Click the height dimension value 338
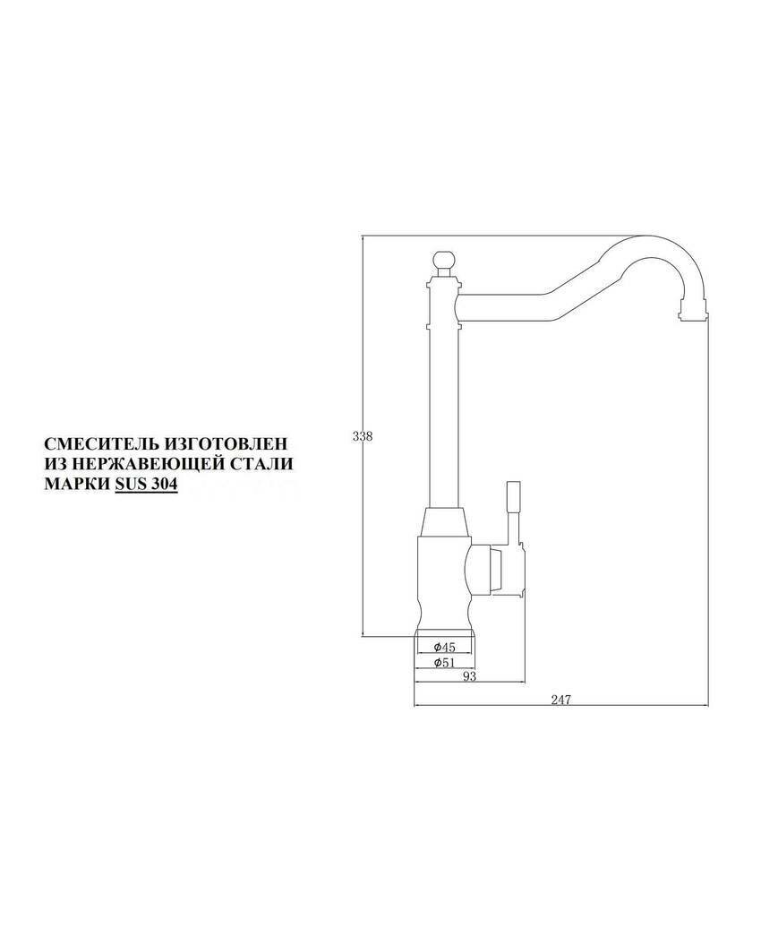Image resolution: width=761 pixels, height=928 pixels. (362, 436)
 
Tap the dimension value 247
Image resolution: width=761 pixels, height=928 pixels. (560, 699)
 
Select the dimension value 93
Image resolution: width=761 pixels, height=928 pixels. (469, 676)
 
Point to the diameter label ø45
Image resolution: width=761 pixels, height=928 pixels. (444, 647)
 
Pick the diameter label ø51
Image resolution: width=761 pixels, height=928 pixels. (444, 662)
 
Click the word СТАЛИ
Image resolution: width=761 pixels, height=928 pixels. (262, 464)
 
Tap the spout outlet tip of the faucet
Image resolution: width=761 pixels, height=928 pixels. (694, 311)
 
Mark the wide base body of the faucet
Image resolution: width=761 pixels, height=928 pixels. (441, 573)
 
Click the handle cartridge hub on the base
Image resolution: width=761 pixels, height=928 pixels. (488, 569)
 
